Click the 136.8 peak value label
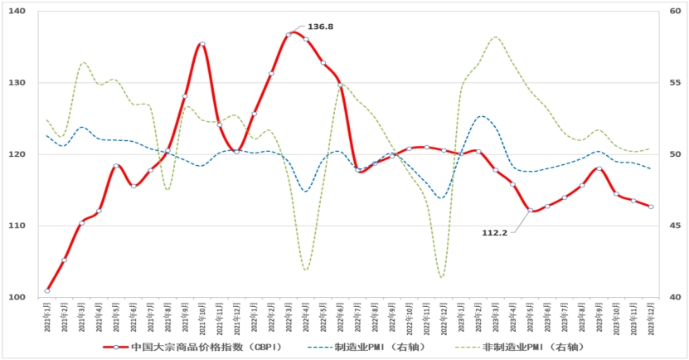click(x=320, y=27)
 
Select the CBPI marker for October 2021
click(x=202, y=44)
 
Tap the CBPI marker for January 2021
click(x=47, y=290)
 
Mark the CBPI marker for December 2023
click(x=651, y=207)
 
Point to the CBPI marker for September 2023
click(x=599, y=168)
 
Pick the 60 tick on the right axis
click(x=673, y=12)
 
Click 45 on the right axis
click(x=673, y=226)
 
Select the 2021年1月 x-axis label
click(x=47, y=318)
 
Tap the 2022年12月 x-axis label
click(x=443, y=318)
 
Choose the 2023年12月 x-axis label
click(x=651, y=318)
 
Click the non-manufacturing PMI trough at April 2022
click(x=306, y=270)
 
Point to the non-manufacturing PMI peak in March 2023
click(x=496, y=36)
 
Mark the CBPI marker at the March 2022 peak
click(x=289, y=34)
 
